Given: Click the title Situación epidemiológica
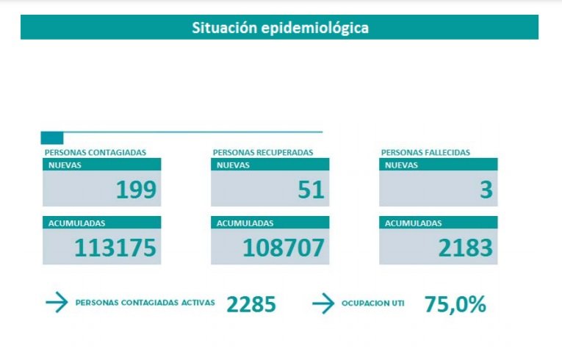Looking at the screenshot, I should tap(280, 28).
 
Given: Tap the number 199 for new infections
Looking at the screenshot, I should tap(136, 190).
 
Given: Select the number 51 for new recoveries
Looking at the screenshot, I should tap(311, 190).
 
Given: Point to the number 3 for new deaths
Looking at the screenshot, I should tap(486, 190).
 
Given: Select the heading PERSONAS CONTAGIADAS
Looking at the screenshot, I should tap(96, 153).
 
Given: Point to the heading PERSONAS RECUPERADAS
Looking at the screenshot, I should tap(263, 153).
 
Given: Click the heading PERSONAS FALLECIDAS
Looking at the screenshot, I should tap(425, 153).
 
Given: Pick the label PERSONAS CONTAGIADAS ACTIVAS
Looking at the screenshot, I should tap(145, 303).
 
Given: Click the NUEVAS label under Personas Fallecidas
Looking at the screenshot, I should tap(402, 165).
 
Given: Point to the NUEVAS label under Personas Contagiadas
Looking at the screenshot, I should tap(65, 165).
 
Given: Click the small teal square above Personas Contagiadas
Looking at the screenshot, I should tap(52, 138).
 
